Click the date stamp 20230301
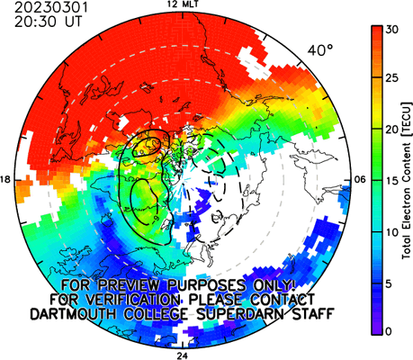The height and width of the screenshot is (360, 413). [x=51, y=7]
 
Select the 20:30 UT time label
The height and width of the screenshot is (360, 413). [x=48, y=22]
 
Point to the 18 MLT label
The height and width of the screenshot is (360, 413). [x=5, y=179]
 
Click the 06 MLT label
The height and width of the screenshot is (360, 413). [x=360, y=180]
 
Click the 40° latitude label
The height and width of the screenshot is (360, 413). [x=320, y=50]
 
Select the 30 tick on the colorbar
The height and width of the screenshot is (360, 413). [x=392, y=30]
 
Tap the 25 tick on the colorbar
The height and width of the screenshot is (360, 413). [x=392, y=78]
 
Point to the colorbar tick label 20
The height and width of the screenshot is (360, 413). [x=392, y=130]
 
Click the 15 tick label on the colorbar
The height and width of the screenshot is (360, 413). [x=392, y=181]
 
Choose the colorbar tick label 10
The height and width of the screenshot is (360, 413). [x=392, y=232]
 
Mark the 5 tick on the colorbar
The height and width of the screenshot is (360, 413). [x=389, y=283]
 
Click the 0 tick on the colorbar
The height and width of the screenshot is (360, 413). [x=389, y=331]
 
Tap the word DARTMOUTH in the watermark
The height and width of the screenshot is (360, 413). [x=73, y=314]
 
